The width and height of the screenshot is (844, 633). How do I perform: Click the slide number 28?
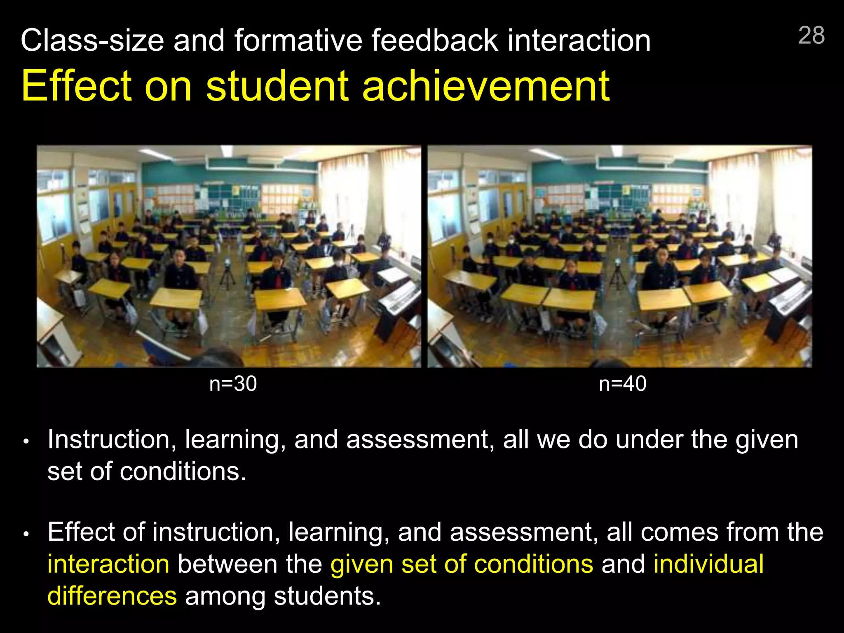click(811, 35)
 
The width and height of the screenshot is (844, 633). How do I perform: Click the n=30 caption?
click(233, 384)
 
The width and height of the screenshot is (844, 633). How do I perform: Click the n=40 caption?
click(622, 384)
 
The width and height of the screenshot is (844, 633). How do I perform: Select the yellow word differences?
click(112, 596)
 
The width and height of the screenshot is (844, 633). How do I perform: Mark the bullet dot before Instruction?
click(26, 442)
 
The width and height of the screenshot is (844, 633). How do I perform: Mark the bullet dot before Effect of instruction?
click(26, 534)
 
